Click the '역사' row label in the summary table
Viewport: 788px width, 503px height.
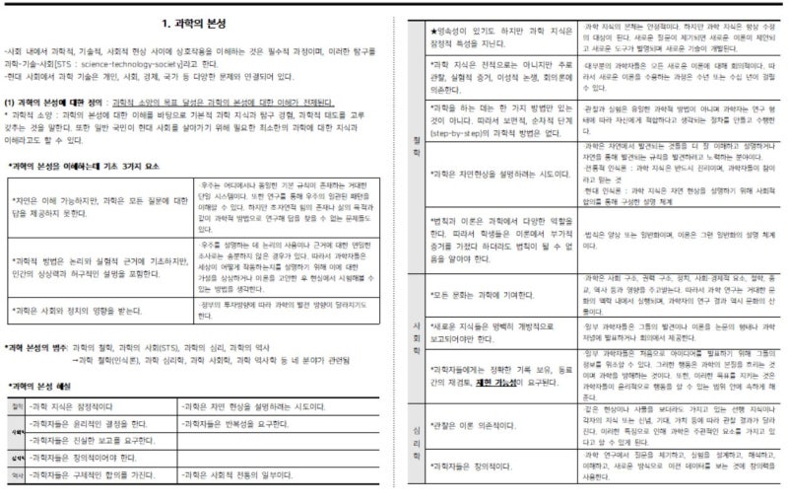pos(17,475)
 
